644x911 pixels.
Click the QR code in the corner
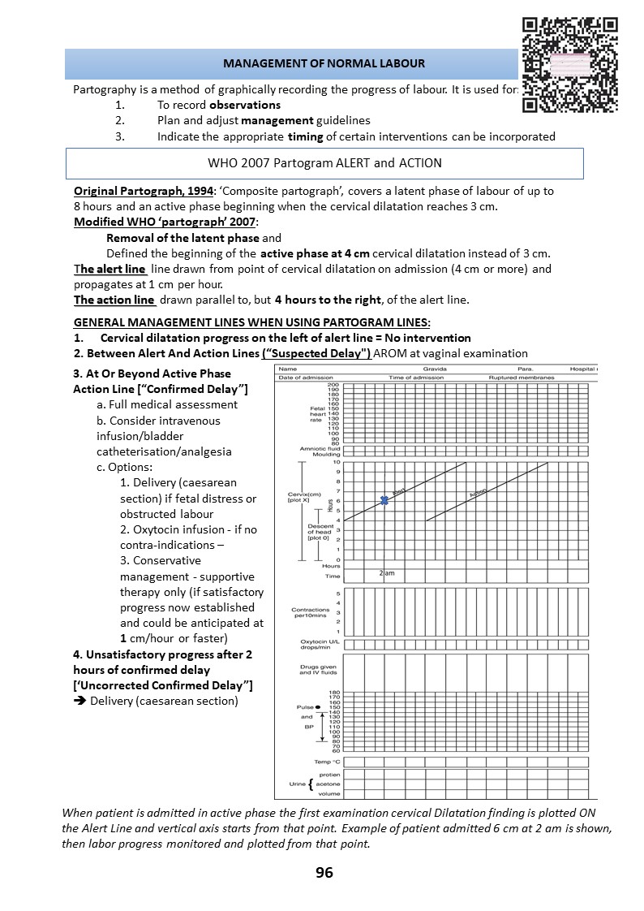click(569, 64)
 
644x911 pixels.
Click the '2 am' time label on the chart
click(387, 573)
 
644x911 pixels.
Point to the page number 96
click(324, 873)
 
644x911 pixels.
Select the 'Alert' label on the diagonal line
click(399, 491)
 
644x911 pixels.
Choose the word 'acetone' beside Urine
click(328, 784)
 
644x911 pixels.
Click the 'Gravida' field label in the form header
click(435, 369)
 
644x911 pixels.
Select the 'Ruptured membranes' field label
click(522, 378)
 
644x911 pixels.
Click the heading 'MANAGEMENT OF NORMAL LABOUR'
click(324, 63)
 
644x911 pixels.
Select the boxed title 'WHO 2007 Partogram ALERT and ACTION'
click(324, 163)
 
